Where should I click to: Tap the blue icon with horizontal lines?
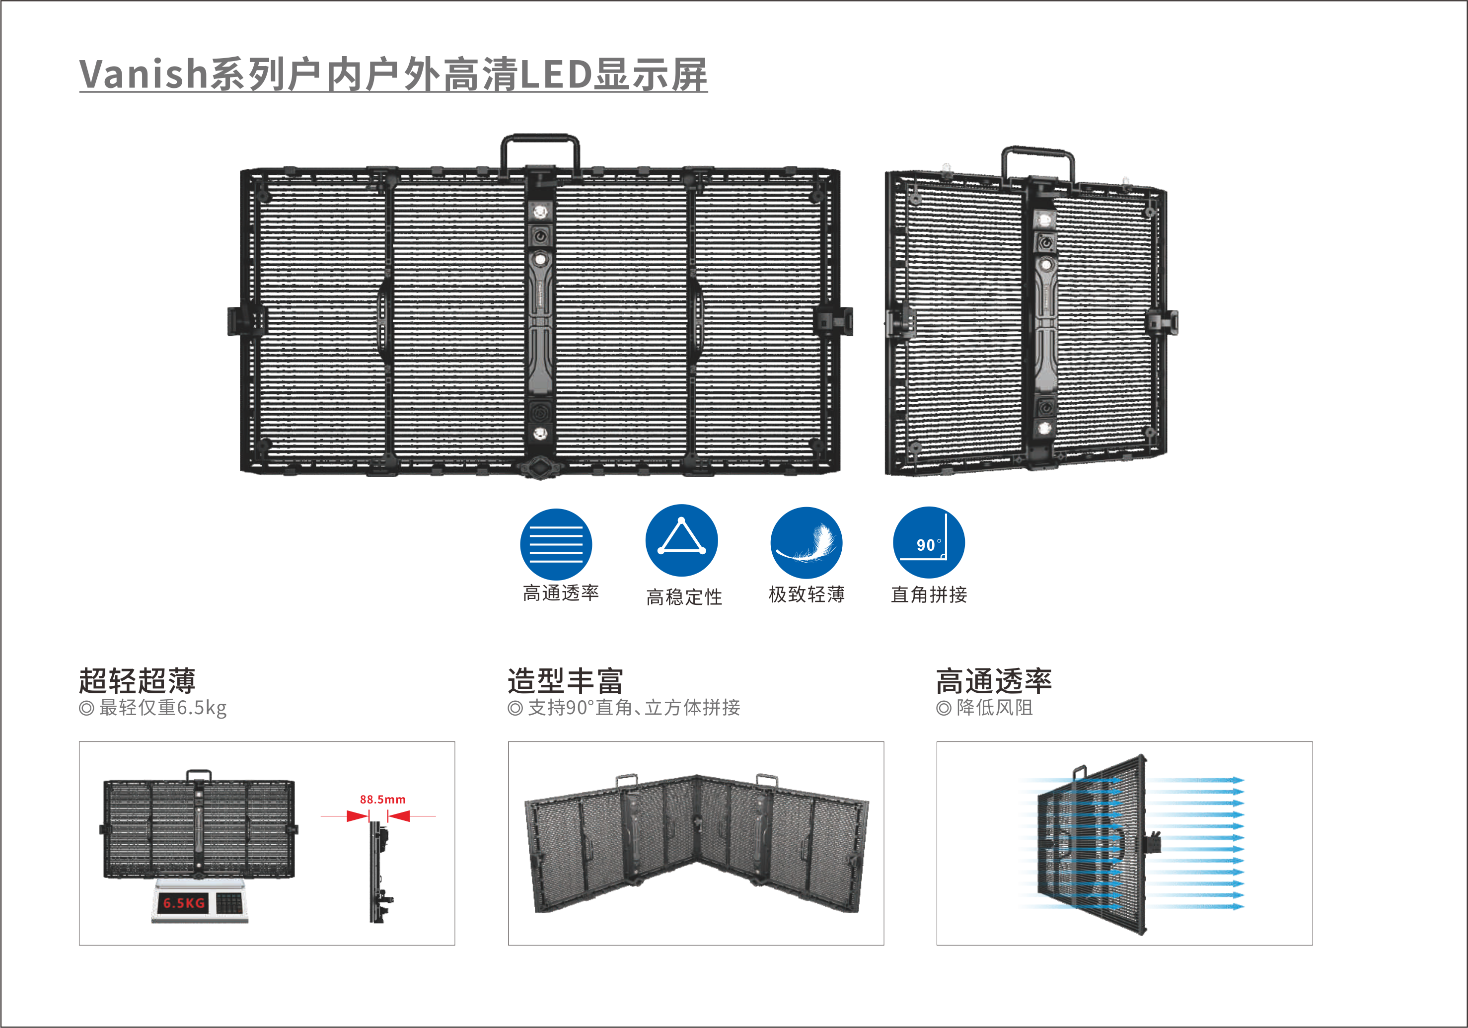[x=556, y=544]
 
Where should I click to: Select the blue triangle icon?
[x=681, y=540]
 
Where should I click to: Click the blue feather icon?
[x=806, y=543]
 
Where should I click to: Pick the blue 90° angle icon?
[x=928, y=542]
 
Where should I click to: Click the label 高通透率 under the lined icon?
[x=561, y=593]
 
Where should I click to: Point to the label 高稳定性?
[x=684, y=596]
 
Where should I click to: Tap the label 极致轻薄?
[x=807, y=594]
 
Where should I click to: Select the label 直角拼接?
[x=929, y=594]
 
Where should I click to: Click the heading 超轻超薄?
[x=137, y=680]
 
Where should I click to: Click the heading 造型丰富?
[x=565, y=680]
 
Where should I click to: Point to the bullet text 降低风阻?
[x=994, y=708]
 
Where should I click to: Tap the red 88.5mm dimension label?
[x=382, y=799]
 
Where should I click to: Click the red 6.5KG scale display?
[x=184, y=903]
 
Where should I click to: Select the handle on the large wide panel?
[x=540, y=150]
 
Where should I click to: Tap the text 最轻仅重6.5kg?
[x=162, y=708]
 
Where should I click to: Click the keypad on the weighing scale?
[x=229, y=903]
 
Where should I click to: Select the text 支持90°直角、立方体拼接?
[x=634, y=708]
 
